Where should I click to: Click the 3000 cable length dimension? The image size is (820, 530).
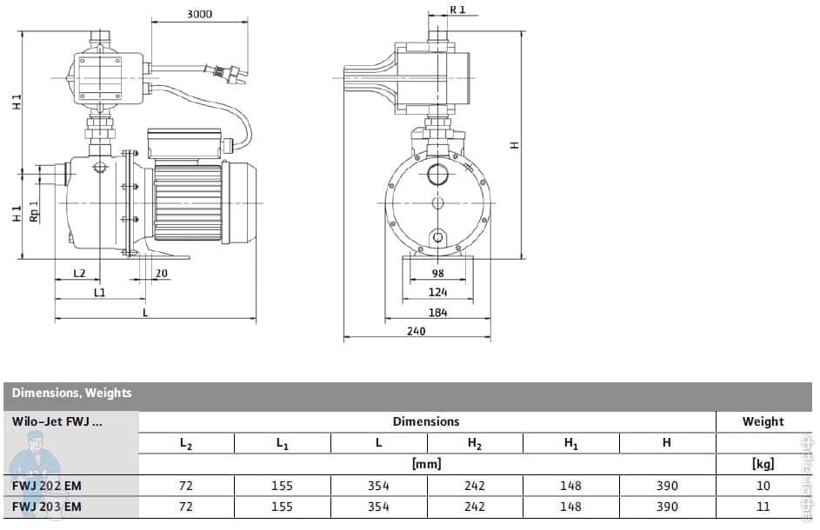(199, 14)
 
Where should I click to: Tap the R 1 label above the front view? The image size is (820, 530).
(458, 10)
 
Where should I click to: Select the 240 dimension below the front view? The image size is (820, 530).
(417, 331)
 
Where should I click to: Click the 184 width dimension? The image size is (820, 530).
(437, 313)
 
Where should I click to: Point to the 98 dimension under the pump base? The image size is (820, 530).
(437, 274)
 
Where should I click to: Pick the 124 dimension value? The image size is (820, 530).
(437, 293)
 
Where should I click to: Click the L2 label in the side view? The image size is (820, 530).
(79, 273)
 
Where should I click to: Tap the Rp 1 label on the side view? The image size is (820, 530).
(35, 212)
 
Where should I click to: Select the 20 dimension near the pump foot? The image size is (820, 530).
(161, 273)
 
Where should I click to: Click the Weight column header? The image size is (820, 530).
(763, 421)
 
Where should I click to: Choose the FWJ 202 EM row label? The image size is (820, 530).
(47, 486)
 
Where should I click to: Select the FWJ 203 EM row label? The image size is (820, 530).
(47, 507)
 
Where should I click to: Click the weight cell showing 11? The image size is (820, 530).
(763, 507)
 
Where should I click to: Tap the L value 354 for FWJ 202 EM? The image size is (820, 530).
(378, 486)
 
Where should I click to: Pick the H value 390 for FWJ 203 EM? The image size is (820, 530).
(666, 507)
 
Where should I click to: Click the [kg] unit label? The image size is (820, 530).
(763, 464)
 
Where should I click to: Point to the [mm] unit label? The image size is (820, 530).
(426, 464)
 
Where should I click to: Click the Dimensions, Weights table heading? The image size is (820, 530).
(72, 393)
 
